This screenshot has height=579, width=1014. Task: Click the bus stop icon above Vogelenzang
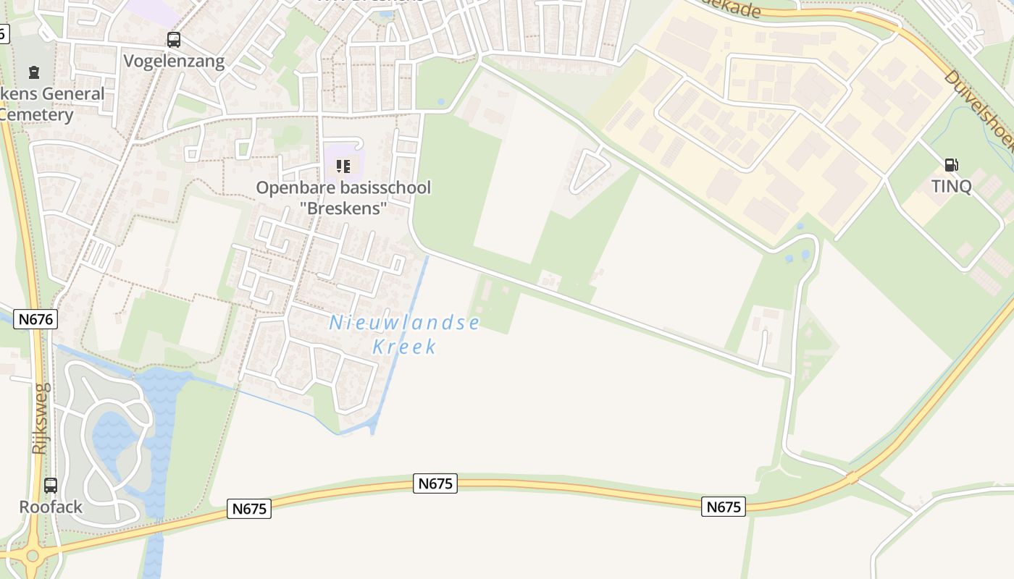pos(174,40)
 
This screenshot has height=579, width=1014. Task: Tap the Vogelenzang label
pos(174,61)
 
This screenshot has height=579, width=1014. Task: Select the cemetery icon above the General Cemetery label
pos(34,72)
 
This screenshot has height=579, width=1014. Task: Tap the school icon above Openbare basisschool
pos(343,166)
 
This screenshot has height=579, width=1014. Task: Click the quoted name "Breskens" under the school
pos(343,208)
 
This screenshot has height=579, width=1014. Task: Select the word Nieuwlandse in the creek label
pos(404,324)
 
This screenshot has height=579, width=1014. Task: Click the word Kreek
pos(404,347)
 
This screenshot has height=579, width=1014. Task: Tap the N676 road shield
pos(34,319)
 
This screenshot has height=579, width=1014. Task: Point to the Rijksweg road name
pos(40,418)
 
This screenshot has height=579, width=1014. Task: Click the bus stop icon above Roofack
pos(51,486)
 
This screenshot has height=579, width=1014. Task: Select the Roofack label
pos(51,507)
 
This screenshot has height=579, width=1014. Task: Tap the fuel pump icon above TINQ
pos(951,165)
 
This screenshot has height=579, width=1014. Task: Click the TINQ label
pos(951,186)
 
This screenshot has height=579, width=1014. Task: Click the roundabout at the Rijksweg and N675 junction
pos(32,557)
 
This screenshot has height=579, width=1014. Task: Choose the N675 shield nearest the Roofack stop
pos(249,509)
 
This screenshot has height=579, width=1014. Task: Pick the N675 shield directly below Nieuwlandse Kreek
pos(435,483)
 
